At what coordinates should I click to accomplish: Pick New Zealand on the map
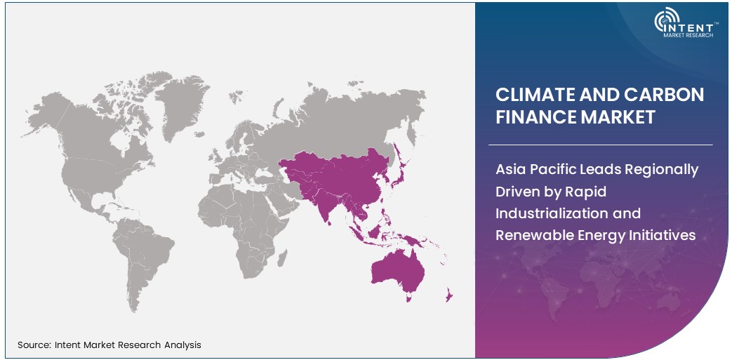(446, 298)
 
